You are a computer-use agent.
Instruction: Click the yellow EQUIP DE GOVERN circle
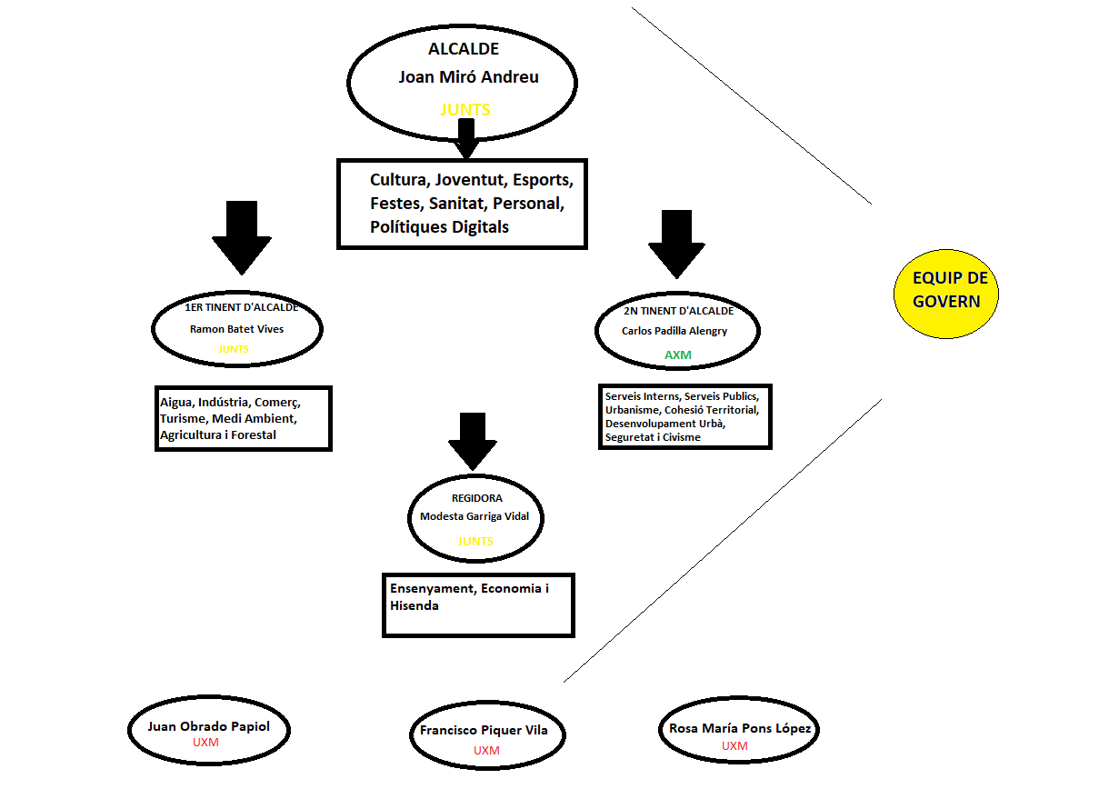946,291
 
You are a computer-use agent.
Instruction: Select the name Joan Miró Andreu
468,77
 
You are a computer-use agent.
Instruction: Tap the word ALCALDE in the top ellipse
464,49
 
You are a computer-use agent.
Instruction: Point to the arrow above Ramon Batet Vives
242,235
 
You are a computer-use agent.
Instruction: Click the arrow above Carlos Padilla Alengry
676,243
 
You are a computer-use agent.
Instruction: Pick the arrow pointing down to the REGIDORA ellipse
472,440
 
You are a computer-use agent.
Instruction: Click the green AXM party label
678,355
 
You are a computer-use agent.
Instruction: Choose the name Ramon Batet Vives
236,329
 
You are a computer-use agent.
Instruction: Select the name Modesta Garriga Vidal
481,516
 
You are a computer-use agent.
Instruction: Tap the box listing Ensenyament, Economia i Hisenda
478,604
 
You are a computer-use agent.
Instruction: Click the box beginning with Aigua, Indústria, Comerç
243,418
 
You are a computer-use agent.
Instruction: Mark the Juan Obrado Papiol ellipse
208,732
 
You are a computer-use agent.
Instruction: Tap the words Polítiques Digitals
439,226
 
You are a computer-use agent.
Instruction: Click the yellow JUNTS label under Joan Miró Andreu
465,110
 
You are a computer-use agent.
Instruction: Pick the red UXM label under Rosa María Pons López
734,746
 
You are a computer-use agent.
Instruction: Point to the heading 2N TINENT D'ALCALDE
678,311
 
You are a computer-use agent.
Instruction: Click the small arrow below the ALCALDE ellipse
467,138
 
